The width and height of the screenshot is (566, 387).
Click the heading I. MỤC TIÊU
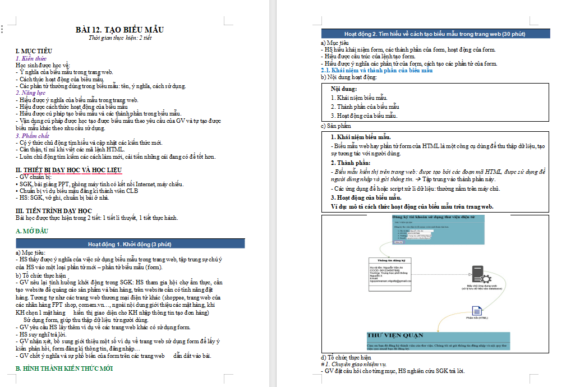34,51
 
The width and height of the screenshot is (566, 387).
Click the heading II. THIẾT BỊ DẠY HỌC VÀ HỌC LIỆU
68,169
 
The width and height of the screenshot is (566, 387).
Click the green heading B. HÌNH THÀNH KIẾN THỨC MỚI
64,368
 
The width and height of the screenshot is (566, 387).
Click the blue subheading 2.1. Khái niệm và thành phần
376,71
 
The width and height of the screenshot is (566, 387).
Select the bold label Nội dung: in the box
344,89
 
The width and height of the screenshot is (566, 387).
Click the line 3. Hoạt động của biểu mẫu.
364,116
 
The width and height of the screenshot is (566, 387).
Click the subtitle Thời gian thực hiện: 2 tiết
120,39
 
